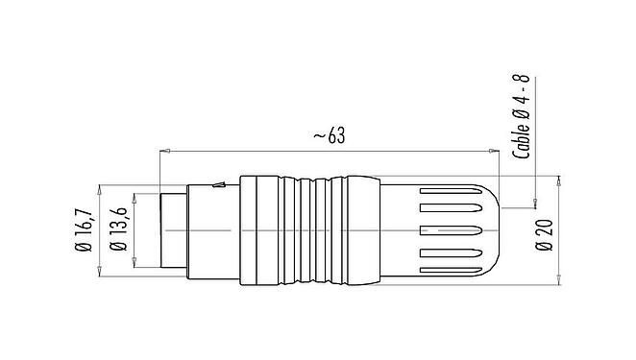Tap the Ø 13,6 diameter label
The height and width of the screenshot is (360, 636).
(119, 231)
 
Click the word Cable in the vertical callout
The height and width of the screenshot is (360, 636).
(525, 140)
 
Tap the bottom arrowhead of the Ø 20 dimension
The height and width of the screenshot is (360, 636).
(560, 282)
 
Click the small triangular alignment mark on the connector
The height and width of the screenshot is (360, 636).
(219, 183)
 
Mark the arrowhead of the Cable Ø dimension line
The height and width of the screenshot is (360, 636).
(535, 203)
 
